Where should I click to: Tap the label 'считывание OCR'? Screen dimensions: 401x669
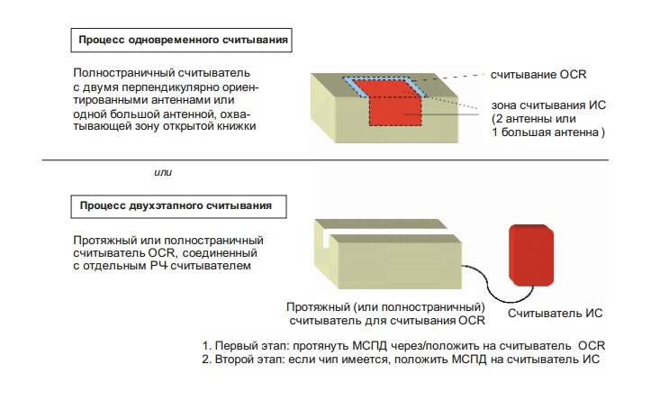pyautogui.click(x=538, y=74)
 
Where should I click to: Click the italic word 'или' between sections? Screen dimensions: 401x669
pyautogui.click(x=164, y=171)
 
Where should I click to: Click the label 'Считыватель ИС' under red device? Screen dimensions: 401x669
pyautogui.click(x=555, y=314)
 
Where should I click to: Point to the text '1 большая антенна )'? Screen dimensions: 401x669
pyautogui.click(x=547, y=132)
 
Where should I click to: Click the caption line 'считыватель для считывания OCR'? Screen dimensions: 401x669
pyautogui.click(x=387, y=320)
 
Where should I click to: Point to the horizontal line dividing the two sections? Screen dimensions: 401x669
pyautogui.click(x=334, y=159)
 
